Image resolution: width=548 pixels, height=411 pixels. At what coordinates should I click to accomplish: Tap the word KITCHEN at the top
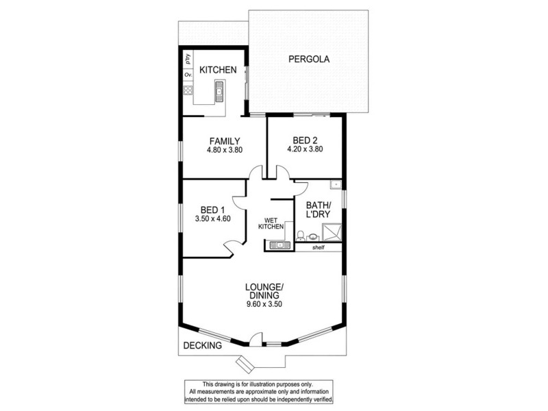coord(218,70)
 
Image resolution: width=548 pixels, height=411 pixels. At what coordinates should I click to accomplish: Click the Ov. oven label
coord(187,75)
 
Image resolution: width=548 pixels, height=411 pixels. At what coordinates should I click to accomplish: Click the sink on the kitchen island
coord(220,88)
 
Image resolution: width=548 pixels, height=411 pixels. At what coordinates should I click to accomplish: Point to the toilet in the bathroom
coord(303,238)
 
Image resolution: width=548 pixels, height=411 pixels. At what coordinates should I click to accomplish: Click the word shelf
coord(318,247)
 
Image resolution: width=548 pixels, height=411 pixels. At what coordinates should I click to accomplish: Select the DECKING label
coord(203,346)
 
